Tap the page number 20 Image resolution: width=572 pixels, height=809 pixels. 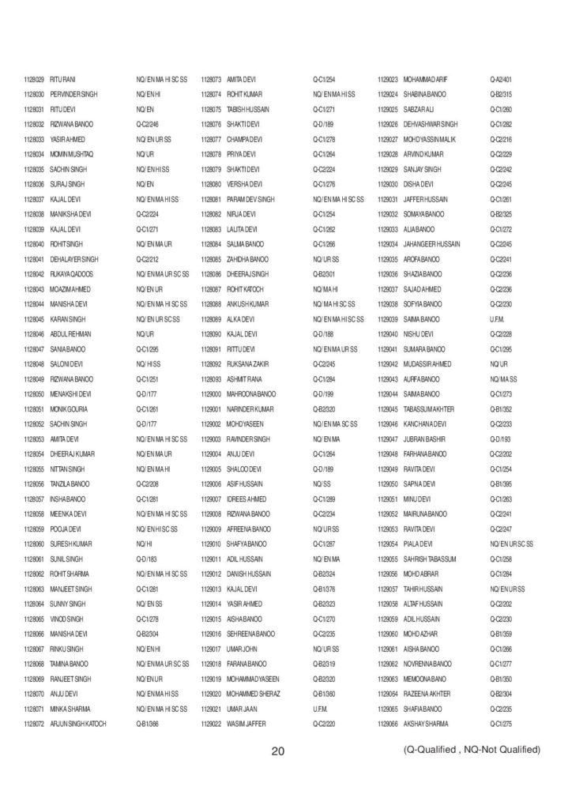277,751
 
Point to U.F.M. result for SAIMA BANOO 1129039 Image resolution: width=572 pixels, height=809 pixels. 497,319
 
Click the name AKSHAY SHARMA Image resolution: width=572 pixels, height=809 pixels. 426,723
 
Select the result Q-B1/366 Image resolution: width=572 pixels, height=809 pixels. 148,723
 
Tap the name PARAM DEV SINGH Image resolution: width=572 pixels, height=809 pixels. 250,199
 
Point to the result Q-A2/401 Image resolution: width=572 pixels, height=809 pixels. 501,80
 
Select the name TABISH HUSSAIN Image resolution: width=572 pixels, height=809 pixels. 247,110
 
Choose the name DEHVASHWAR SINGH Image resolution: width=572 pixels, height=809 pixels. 431,125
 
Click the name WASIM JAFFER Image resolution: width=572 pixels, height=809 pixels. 246,723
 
